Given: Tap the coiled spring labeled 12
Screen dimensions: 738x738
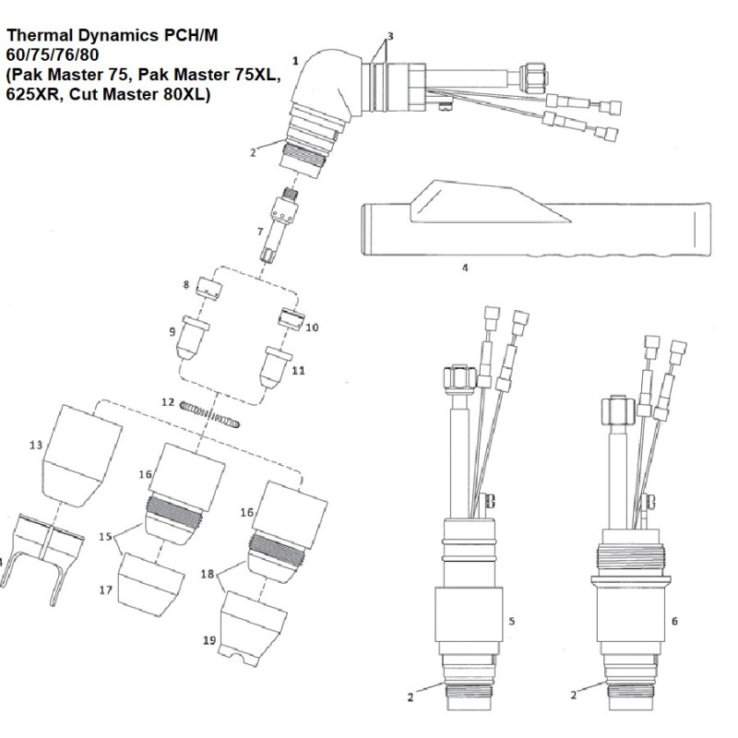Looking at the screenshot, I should (214, 413).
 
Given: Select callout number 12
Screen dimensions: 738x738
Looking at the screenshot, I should (167, 402).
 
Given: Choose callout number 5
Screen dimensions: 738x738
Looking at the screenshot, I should (511, 621).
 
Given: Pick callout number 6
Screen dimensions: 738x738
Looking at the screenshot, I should (674, 621).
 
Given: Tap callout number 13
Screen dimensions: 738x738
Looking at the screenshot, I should (36, 446).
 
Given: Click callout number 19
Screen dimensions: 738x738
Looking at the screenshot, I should (208, 638).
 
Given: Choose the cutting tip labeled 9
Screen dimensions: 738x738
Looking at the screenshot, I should (197, 338).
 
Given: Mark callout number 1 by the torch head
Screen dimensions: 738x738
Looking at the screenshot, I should (294, 60).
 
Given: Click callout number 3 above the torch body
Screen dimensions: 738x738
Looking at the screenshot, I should (390, 36).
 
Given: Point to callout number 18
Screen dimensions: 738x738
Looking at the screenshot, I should (208, 574).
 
